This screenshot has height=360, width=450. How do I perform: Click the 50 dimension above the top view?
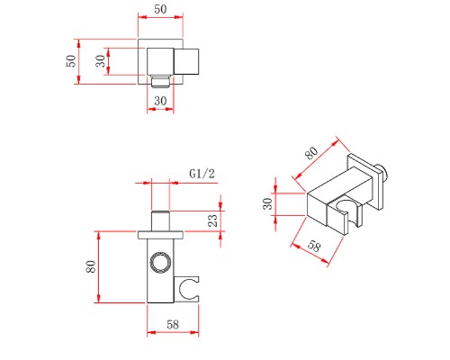point(160,9)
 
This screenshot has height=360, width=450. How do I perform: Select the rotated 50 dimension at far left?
point(71,61)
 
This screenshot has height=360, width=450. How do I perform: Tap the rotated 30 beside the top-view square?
point(101,61)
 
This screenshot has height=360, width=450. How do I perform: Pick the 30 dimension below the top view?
point(160,101)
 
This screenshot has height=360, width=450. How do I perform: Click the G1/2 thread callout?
point(202,174)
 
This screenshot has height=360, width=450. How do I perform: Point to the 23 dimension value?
point(212,220)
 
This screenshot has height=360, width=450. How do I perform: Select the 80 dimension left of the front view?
point(91,266)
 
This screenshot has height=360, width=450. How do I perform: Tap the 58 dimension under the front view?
point(173,324)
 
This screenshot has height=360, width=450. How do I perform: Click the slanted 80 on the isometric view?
point(311,153)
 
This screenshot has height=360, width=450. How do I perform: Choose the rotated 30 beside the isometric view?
point(267,203)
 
